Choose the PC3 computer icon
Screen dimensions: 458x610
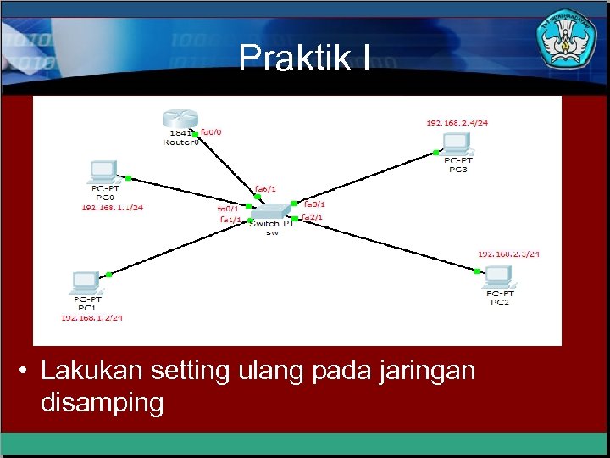[x=457, y=142]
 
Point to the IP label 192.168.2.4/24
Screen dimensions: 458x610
[x=457, y=122]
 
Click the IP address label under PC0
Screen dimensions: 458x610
[x=112, y=207]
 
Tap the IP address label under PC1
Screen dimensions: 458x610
[x=91, y=318]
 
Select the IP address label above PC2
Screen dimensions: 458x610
[x=508, y=254]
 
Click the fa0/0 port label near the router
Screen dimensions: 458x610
[x=211, y=132]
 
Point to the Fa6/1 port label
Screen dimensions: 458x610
[x=265, y=189]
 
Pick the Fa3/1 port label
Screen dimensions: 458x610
[x=313, y=204]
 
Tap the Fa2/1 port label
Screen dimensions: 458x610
[x=313, y=218]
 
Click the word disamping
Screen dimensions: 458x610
[x=102, y=402]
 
